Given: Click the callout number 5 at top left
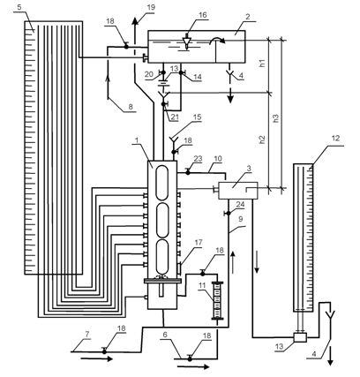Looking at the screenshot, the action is (x=19, y=7).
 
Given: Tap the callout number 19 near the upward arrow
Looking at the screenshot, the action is (x=151, y=7).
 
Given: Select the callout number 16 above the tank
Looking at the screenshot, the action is (x=203, y=15).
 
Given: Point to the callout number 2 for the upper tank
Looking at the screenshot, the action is (x=247, y=17).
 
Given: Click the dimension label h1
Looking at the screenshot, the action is (x=262, y=64).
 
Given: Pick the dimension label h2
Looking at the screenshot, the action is (x=262, y=139).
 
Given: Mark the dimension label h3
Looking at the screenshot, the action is (x=276, y=118).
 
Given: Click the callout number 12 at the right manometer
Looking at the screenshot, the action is (x=335, y=139).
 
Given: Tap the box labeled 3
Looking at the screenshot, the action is (x=238, y=191).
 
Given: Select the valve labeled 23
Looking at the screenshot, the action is (x=188, y=171).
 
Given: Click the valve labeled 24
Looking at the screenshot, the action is (x=228, y=213).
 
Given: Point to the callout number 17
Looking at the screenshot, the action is (x=199, y=243).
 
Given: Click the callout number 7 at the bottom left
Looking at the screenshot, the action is (x=87, y=334).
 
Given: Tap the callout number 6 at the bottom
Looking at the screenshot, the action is (x=165, y=335).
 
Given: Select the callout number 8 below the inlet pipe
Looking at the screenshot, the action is (x=131, y=106).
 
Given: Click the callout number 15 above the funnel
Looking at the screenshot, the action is (x=197, y=117).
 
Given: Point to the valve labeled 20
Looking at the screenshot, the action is (x=162, y=72).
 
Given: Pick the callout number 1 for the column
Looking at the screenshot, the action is (x=136, y=140).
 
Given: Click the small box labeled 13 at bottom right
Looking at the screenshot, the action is (x=300, y=337).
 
